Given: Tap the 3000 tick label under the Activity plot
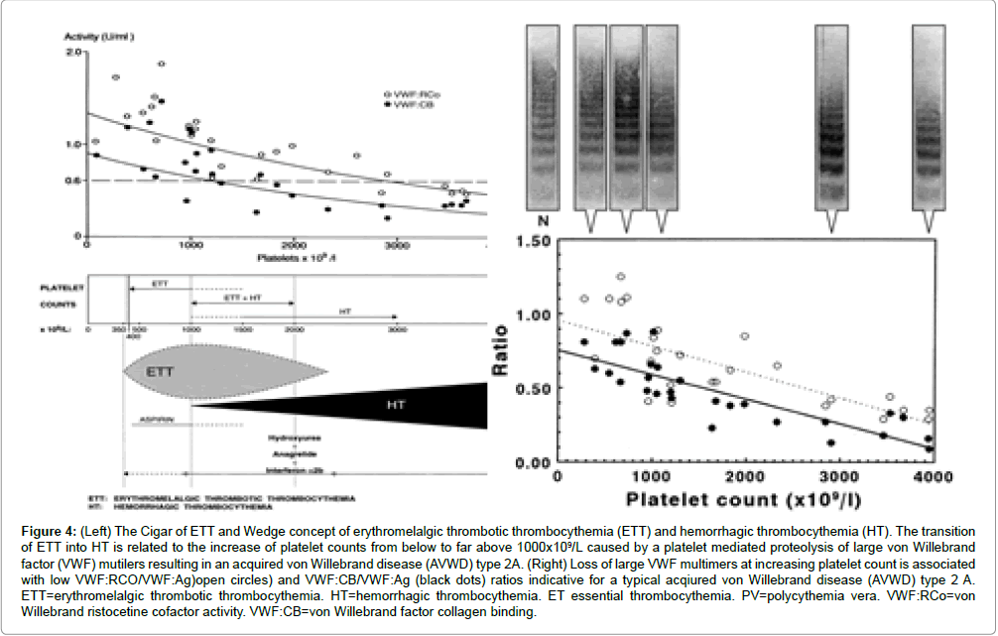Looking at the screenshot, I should coord(397,245).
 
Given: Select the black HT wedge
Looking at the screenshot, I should coord(397,406).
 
